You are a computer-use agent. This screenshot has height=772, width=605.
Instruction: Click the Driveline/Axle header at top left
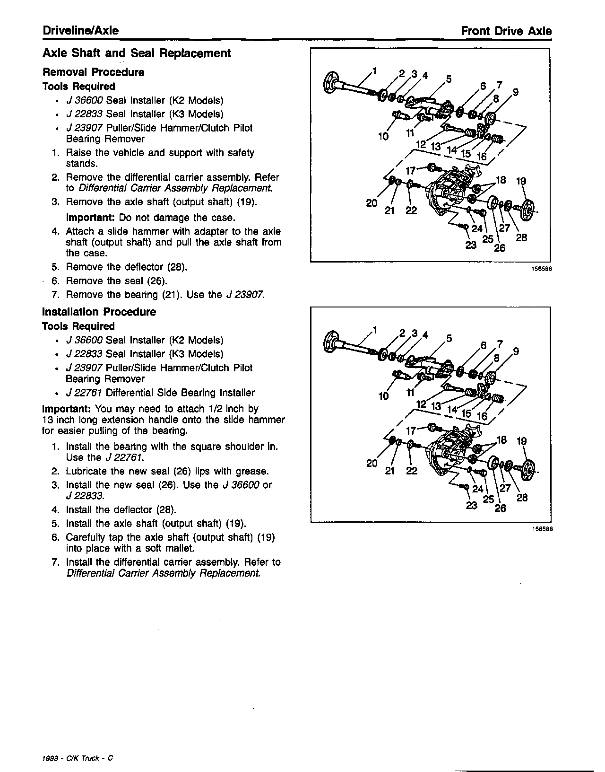click(80, 31)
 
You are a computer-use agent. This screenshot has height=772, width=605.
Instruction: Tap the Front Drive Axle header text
click(506, 31)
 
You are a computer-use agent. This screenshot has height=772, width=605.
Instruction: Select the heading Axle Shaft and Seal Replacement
click(137, 53)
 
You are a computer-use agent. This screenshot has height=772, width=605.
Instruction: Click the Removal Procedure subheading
click(93, 72)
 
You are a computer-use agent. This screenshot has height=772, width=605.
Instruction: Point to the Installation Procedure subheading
click(99, 312)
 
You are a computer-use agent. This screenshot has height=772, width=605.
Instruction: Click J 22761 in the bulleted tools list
click(85, 393)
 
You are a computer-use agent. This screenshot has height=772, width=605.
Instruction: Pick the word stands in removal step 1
click(81, 164)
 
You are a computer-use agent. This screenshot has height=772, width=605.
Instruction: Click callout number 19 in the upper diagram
click(521, 181)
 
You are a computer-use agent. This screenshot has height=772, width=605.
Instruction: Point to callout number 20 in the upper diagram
click(372, 203)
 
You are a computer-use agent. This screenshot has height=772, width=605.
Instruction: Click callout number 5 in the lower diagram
click(449, 338)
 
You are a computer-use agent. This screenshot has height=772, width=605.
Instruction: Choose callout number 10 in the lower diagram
click(383, 396)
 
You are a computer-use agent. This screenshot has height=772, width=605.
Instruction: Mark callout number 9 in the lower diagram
click(516, 351)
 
